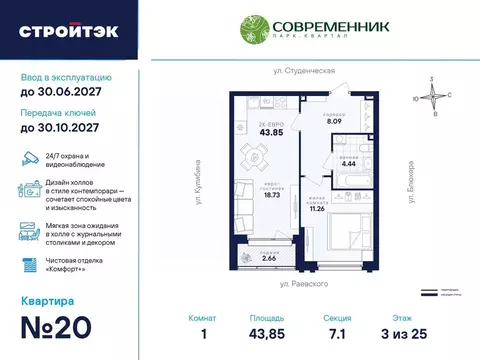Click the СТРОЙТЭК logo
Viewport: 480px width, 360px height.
[x=68, y=30]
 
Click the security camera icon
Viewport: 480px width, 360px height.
[x=29, y=159]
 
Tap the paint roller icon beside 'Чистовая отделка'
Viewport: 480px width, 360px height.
[x=29, y=262]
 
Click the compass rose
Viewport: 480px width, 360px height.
[x=431, y=97]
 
